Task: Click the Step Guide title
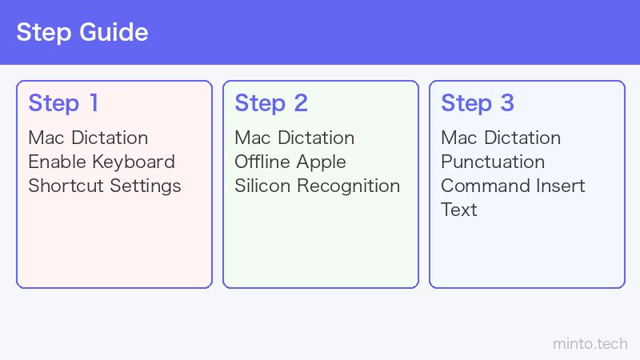(82, 33)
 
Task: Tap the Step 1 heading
(63, 103)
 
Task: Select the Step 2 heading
(271, 103)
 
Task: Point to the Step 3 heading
(478, 103)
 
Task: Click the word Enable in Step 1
(58, 162)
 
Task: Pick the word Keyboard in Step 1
(134, 162)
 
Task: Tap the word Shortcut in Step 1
(66, 186)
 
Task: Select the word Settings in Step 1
(146, 186)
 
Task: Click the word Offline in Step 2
(262, 162)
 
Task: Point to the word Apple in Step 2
(322, 162)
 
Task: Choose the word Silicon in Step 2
(262, 186)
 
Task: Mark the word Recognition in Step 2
(349, 186)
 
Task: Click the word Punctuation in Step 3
(493, 162)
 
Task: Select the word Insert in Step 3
(561, 186)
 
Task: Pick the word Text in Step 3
(459, 210)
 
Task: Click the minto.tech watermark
(590, 344)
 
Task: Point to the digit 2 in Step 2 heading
(301, 103)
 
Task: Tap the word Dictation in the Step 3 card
(522, 138)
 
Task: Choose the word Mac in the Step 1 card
(46, 138)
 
